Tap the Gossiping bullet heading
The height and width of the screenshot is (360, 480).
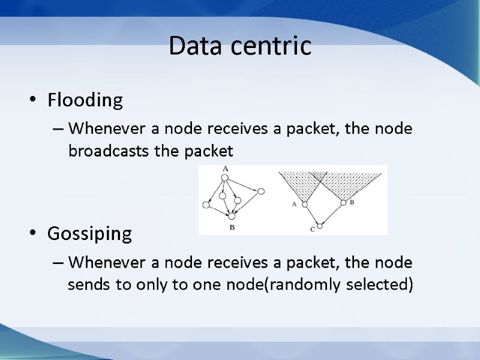(x=89, y=233)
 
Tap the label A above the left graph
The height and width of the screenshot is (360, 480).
(x=226, y=169)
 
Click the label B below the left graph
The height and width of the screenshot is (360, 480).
(x=232, y=228)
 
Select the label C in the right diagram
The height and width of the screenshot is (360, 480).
(x=312, y=229)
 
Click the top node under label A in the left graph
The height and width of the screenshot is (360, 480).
(x=226, y=176)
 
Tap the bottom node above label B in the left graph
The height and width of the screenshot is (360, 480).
(x=232, y=216)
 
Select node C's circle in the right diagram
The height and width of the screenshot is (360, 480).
(x=320, y=226)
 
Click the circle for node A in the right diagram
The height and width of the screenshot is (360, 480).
(x=305, y=204)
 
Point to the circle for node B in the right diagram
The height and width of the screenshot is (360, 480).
(x=343, y=203)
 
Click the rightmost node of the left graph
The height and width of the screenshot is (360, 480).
(x=261, y=191)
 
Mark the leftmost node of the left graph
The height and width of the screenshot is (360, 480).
(x=206, y=205)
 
